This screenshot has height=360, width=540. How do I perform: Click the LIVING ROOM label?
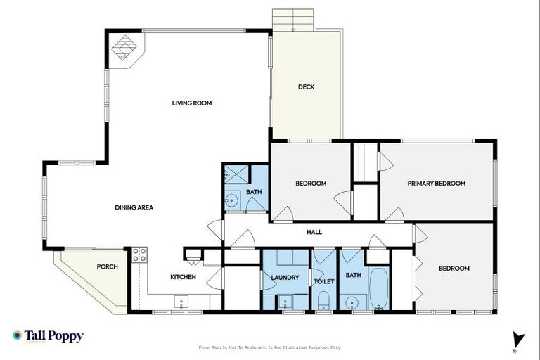[192, 103]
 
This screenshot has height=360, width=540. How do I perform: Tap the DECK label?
[306, 87]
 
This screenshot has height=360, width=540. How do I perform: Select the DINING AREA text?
[134, 207]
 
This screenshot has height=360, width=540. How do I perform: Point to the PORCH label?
[107, 267]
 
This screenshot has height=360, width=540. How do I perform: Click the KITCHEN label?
[183, 277]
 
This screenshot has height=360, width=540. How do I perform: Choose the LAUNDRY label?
[285, 278]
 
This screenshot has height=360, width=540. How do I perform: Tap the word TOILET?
[324, 281]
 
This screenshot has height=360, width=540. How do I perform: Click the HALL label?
[314, 231]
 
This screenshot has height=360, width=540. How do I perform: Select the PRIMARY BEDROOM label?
[436, 184]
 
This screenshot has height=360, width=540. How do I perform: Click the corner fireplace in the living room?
[125, 49]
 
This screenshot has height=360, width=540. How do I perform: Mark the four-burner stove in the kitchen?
[139, 255]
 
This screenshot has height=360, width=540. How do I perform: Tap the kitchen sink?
[181, 303]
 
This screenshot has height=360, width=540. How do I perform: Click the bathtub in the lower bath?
[378, 288]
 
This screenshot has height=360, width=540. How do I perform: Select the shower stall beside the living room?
[233, 174]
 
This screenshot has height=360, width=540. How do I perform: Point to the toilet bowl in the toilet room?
[323, 303]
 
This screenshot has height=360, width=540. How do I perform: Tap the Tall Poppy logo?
[48, 336]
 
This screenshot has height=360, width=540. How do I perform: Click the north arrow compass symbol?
[517, 338]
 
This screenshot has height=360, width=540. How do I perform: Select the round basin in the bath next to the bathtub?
[352, 304]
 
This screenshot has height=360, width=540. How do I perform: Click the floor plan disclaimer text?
[270, 347]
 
